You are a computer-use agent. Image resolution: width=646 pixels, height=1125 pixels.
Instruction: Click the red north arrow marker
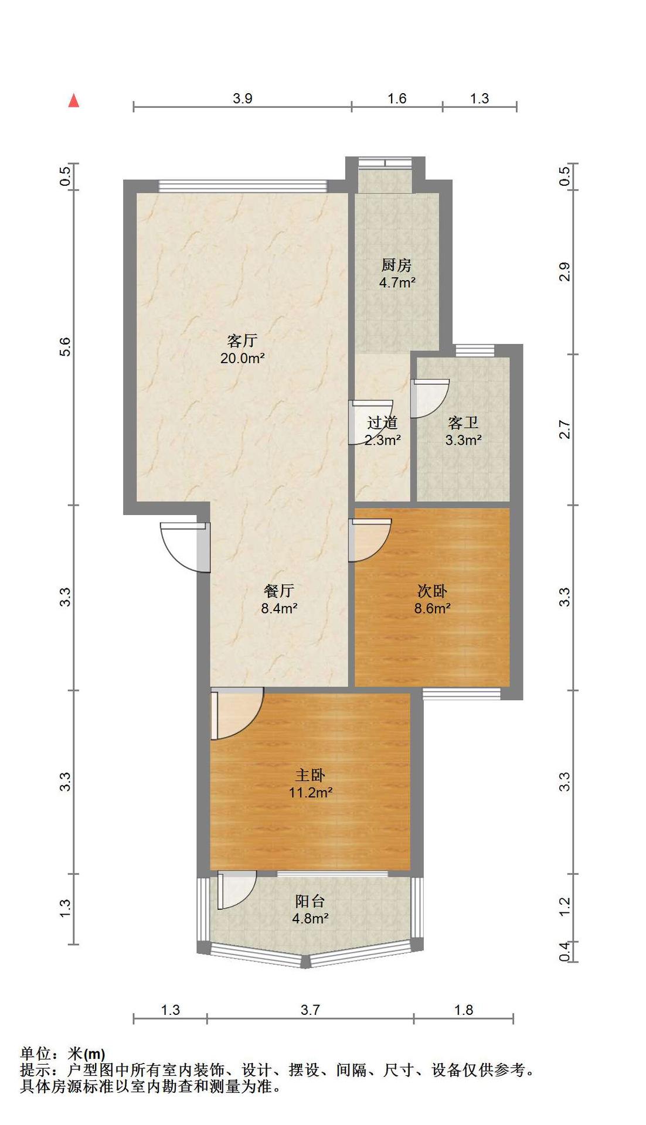[x=73, y=101]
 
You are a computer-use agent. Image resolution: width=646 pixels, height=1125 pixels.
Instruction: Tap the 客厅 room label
[x=242, y=340]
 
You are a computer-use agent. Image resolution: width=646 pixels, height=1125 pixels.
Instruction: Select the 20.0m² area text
[x=242, y=358]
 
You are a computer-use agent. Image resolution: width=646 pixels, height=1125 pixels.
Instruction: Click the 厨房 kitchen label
[x=397, y=265]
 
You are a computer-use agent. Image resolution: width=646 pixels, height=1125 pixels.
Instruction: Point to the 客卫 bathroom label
[x=463, y=422]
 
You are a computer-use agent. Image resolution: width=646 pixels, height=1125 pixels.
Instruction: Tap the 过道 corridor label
[x=382, y=422]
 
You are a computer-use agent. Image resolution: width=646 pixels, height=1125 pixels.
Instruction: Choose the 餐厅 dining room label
[x=279, y=591]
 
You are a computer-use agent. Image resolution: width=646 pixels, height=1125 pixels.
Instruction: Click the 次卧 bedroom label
[x=432, y=591]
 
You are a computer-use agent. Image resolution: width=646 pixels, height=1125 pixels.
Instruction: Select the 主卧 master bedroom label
[x=310, y=775]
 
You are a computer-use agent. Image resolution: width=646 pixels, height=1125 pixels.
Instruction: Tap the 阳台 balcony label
[x=310, y=901]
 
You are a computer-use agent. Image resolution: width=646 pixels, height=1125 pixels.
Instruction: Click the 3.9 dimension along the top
[x=242, y=98]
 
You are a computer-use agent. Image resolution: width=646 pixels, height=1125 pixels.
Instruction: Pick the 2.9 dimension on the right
[x=565, y=272]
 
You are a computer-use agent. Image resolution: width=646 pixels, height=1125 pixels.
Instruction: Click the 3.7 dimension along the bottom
[x=310, y=1010]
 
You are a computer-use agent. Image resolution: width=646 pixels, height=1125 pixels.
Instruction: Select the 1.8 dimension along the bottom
[x=464, y=1010]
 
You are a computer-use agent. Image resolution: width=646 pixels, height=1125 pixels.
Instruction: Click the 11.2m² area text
[x=311, y=793]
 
